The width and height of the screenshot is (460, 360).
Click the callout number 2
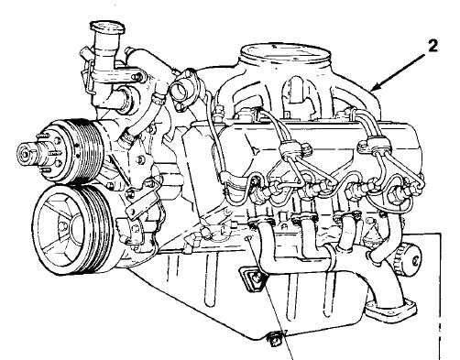click(x=432, y=46)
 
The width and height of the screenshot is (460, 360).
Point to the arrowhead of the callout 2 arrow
click(x=372, y=89)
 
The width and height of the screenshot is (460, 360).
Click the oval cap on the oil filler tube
click(x=108, y=27)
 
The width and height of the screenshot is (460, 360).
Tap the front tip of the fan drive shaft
click(x=24, y=152)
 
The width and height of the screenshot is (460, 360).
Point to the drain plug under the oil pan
click(x=273, y=338)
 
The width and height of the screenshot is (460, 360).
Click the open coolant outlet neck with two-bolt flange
click(x=184, y=89)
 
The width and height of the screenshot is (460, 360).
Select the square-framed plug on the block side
click(x=253, y=278)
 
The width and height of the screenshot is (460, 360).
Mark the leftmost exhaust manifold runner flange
click(x=260, y=223)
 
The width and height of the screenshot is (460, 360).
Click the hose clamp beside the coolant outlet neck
click(x=159, y=98)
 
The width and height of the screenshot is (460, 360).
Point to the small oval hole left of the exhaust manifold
click(x=248, y=237)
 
